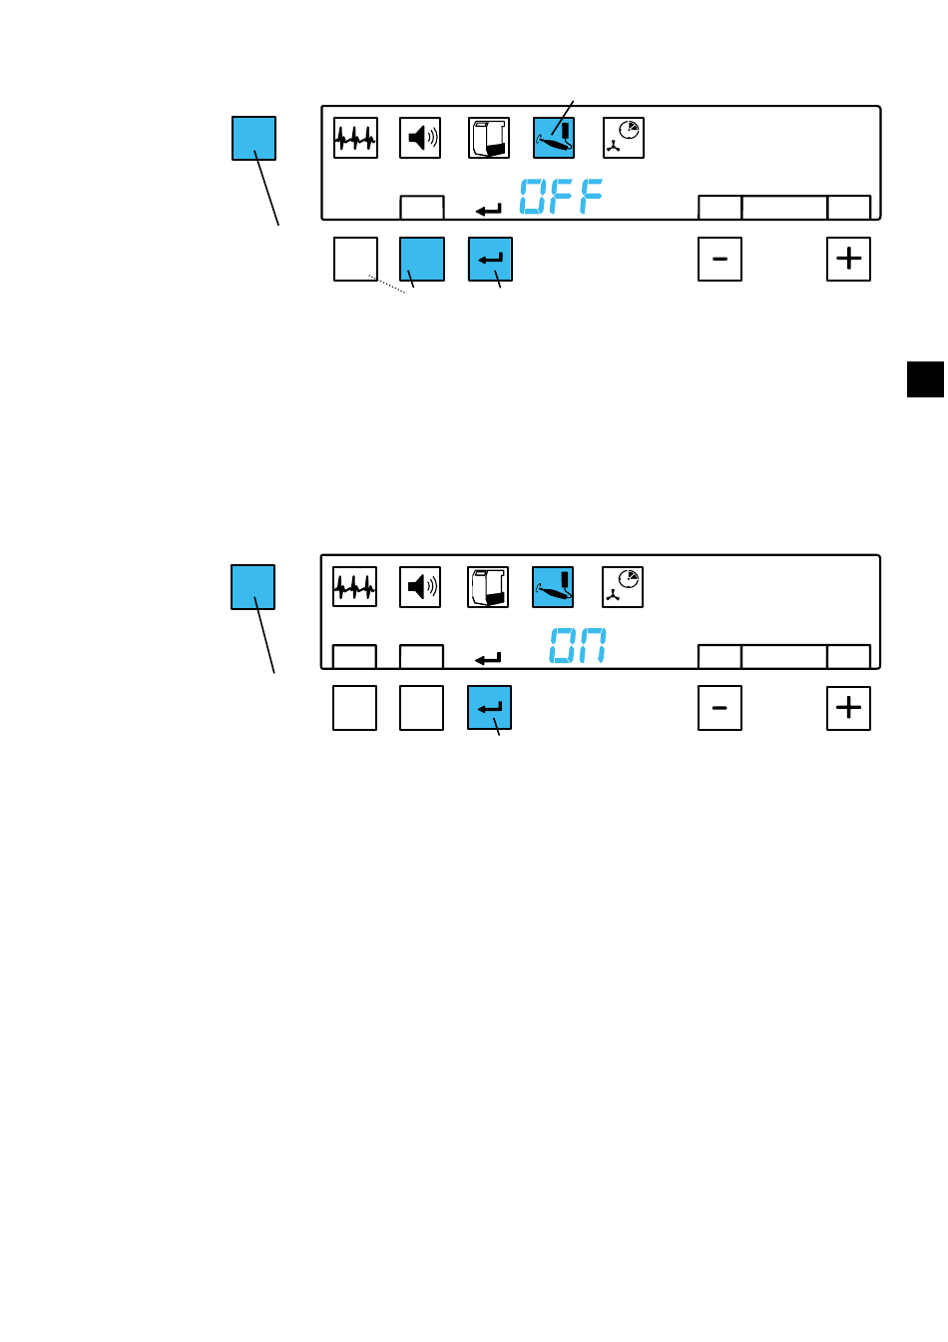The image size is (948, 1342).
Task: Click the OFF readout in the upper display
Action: [561, 197]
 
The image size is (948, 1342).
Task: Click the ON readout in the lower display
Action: [578, 646]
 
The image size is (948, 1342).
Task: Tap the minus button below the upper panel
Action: [719, 260]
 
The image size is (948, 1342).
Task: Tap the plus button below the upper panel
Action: [848, 260]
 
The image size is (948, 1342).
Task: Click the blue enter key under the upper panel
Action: [490, 260]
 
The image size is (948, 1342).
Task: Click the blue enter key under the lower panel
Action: [489, 708]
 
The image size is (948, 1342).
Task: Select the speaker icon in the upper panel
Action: [421, 138]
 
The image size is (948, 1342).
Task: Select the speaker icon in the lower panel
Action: [420, 587]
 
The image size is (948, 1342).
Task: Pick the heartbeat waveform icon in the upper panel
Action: [355, 138]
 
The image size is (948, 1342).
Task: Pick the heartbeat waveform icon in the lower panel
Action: [354, 587]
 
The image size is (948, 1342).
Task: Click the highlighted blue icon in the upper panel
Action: [554, 138]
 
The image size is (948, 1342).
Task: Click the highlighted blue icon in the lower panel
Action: [553, 587]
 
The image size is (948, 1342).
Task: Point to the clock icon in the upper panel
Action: [624, 138]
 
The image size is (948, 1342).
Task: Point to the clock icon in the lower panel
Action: [623, 587]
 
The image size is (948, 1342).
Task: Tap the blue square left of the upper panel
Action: [253, 138]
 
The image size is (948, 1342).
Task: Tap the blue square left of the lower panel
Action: [252, 587]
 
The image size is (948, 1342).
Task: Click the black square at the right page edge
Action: [926, 379]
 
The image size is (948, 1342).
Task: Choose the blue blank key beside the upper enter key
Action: [421, 260]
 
